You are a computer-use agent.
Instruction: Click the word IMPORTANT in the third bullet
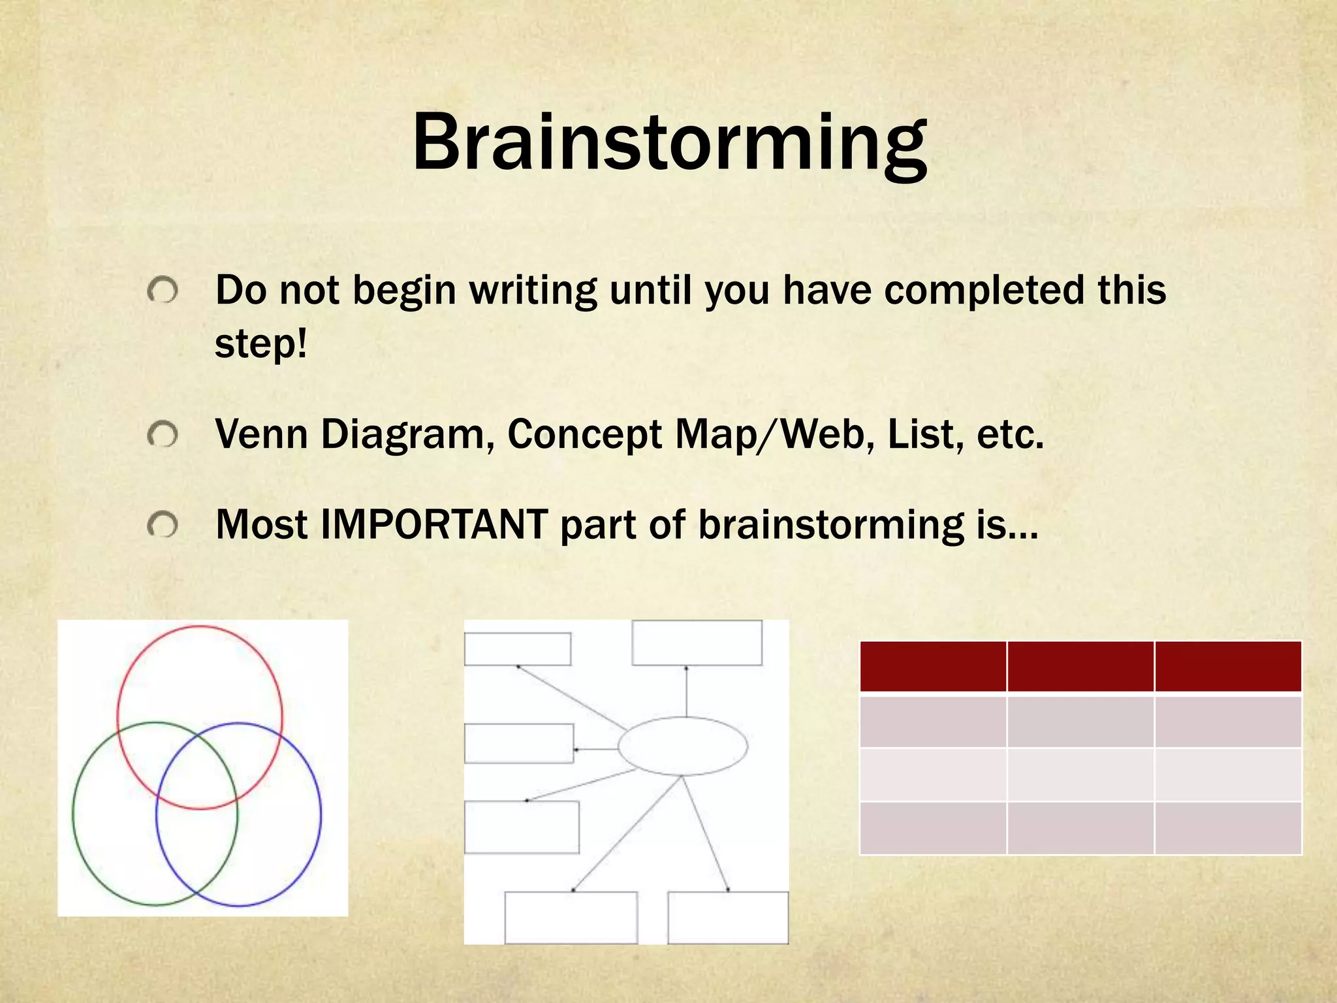tap(433, 525)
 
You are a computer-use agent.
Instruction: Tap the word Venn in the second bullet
tap(261, 434)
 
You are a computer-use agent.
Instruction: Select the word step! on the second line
tap(260, 344)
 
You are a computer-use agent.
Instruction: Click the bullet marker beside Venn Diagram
tap(163, 435)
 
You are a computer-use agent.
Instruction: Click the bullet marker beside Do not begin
tap(163, 291)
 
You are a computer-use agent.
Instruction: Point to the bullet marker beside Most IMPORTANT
tap(163, 525)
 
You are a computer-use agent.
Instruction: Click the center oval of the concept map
tap(682, 746)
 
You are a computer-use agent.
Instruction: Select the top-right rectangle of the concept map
tap(697, 643)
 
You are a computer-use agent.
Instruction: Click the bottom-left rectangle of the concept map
tap(571, 917)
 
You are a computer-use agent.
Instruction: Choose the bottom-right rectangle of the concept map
tap(728, 917)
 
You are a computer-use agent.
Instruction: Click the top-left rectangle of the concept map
tap(518, 649)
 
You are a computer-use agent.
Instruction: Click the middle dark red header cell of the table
tap(1080, 667)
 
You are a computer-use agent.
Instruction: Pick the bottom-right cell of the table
tap(1228, 827)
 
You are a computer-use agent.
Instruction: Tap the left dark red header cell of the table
tap(933, 667)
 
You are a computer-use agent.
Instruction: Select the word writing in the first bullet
tap(533, 291)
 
